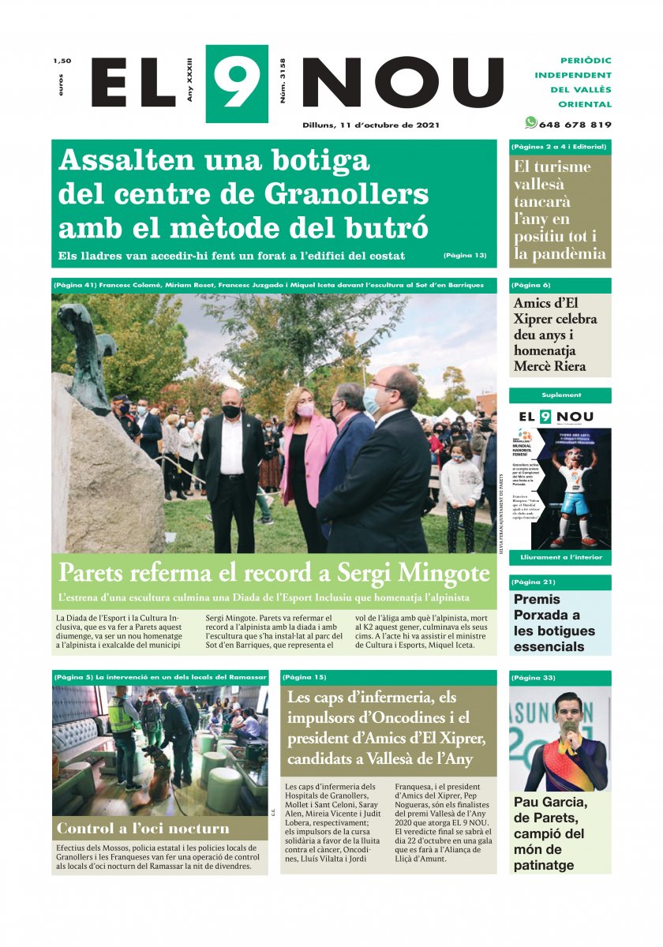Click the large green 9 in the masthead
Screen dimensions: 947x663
click(236, 83)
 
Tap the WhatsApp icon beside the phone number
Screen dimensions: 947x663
click(531, 123)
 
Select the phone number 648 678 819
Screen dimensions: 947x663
click(575, 125)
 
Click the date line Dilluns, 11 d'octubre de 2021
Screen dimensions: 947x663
click(371, 125)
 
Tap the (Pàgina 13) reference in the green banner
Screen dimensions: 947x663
click(465, 256)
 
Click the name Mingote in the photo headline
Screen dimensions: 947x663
click(443, 573)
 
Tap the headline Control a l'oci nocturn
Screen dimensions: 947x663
click(143, 829)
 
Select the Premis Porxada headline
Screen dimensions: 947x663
click(547, 622)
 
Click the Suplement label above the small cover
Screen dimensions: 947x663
click(561, 395)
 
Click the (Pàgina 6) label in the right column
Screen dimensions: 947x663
click(530, 285)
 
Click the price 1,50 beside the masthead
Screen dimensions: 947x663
click(62, 61)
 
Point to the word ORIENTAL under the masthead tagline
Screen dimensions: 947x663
click(585, 104)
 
